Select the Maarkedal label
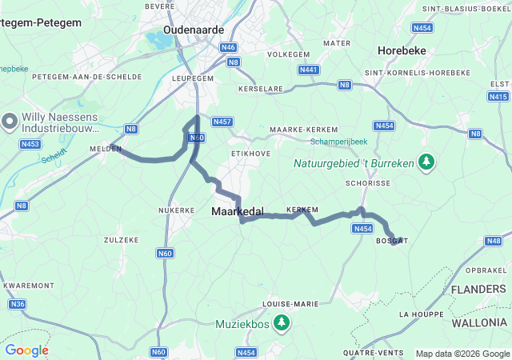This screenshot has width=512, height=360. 238,211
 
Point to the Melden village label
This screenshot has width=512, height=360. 105,149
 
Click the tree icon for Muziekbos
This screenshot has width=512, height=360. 282,323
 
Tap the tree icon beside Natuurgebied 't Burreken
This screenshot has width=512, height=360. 426,162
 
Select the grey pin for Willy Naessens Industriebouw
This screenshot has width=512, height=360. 10,122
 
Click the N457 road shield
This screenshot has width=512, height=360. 223,122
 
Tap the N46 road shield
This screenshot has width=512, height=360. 230,47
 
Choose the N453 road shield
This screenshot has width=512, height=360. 30,144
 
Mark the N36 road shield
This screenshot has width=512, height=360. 17,304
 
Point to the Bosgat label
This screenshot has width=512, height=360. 391,241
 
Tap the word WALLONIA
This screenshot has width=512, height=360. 478,323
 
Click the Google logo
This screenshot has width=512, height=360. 26,350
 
